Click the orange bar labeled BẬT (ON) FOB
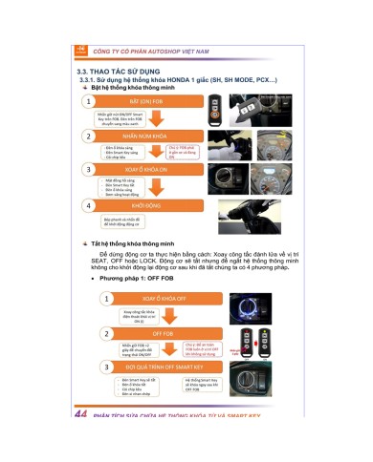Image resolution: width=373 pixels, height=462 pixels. pos(159,101)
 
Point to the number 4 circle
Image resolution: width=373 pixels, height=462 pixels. pos(89,204)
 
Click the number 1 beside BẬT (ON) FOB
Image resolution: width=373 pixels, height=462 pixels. pos(89,101)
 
